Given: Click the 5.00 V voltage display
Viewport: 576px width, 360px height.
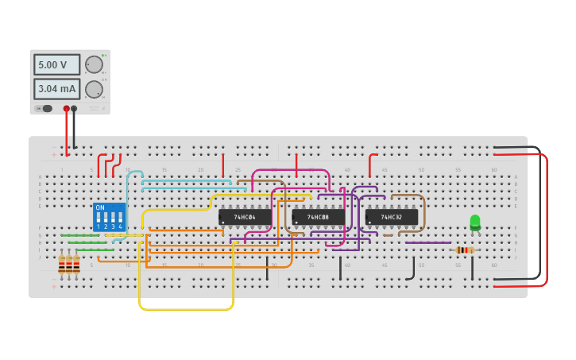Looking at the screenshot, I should point(56,64).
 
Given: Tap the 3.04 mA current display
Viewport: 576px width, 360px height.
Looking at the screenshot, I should point(56,89).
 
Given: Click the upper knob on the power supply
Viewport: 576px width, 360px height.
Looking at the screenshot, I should point(94,65).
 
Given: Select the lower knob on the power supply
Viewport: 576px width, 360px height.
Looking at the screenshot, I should point(94,89).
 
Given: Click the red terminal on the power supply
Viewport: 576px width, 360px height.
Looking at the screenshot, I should point(67,109).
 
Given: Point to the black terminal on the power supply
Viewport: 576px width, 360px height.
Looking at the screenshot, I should point(74,109).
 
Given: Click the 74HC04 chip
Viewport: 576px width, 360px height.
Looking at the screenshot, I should point(245,217).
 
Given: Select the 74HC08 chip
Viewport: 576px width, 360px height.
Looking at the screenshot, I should point(318,217).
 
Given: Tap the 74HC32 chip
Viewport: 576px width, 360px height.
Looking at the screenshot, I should point(391,217).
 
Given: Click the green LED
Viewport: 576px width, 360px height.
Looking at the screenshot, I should point(475,222).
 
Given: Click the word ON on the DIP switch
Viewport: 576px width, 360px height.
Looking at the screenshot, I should point(100,207).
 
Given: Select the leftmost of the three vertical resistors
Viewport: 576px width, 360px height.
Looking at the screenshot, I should point(61,265).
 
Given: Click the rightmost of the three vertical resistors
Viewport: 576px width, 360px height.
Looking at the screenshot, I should point(76,265).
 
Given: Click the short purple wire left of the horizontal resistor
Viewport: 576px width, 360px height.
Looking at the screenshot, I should point(427,242).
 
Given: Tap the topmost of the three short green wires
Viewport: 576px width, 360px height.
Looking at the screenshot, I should point(80,235).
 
